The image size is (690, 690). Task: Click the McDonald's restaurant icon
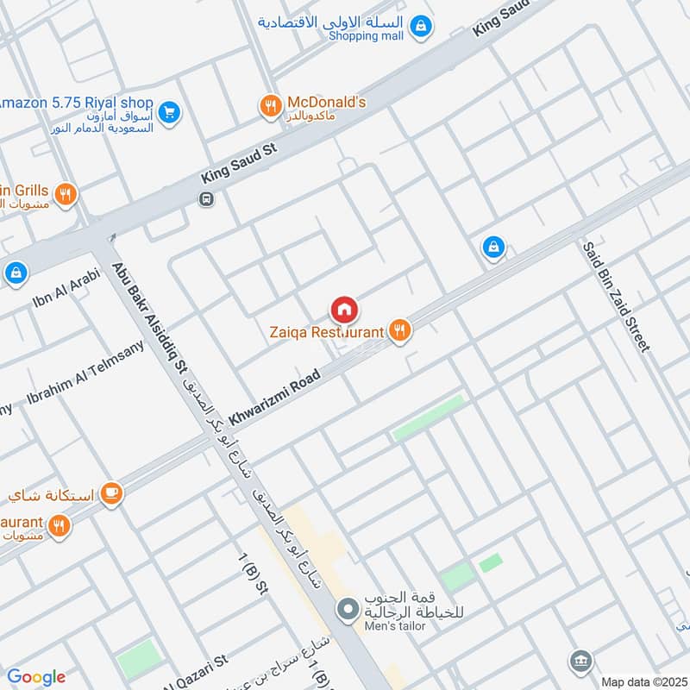point(271,106)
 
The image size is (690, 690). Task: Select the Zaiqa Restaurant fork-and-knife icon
point(398,330)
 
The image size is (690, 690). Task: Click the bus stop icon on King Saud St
point(206,199)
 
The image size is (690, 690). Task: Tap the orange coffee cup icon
point(110,492)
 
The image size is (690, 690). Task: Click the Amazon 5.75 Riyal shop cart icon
point(169,111)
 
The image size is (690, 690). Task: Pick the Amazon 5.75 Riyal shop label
point(76,103)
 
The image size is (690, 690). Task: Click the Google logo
point(35,677)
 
